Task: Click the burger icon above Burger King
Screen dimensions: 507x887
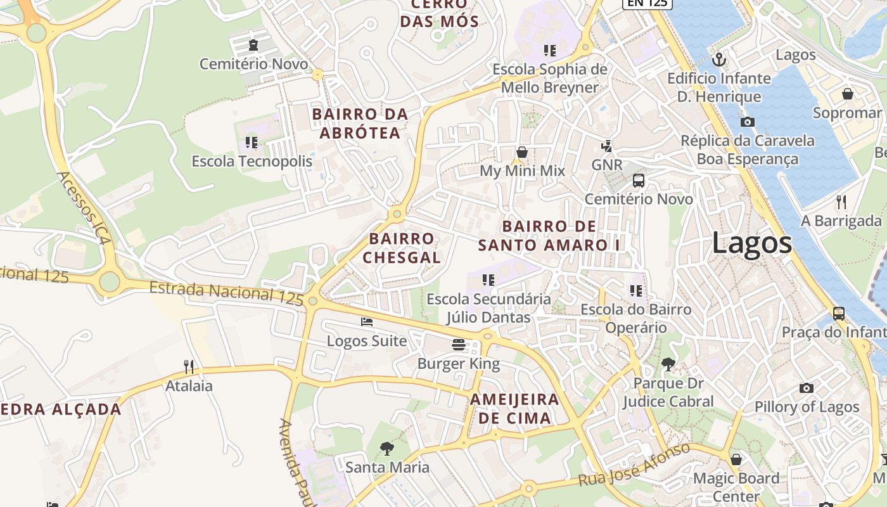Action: (x=459, y=345)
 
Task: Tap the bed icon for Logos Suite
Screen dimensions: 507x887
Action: (x=367, y=322)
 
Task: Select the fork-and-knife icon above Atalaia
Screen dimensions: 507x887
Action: (x=189, y=366)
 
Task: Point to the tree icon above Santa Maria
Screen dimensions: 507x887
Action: (x=386, y=449)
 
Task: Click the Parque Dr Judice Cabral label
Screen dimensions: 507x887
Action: (x=668, y=392)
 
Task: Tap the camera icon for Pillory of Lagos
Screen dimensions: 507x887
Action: (x=806, y=388)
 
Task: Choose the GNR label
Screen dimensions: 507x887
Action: (x=606, y=165)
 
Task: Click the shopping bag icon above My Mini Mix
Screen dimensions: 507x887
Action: (x=522, y=152)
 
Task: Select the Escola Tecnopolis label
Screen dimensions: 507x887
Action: (x=252, y=161)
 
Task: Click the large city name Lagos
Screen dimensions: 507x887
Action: (x=752, y=243)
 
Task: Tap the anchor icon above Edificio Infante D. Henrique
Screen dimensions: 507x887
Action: (x=718, y=60)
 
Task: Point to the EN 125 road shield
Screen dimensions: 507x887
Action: (x=647, y=3)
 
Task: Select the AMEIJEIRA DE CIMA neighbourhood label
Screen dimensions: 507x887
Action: (x=514, y=409)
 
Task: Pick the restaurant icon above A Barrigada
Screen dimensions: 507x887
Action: (x=841, y=202)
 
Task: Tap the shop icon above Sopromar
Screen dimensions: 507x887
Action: (x=847, y=94)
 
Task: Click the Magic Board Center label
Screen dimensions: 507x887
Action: (x=736, y=486)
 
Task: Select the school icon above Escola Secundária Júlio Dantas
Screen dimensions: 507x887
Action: (x=488, y=279)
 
